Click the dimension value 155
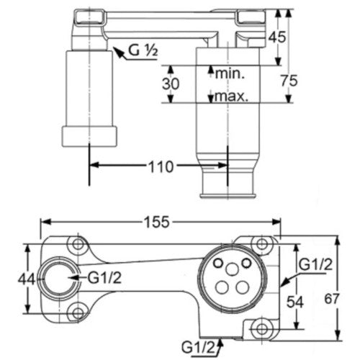coord(157,222)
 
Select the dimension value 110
coord(161,166)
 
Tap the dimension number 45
coord(277,37)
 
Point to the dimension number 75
coord(289,81)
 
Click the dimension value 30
coord(171,84)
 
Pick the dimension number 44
coord(27,279)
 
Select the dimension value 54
coord(295,302)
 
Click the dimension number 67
coord(332,299)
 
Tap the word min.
coord(230,73)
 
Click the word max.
coord(231,96)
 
